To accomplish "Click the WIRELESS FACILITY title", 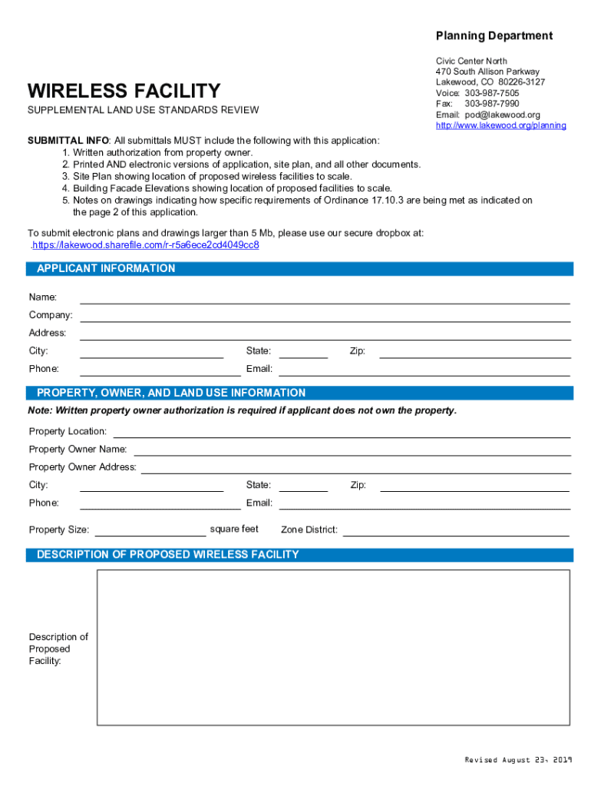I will point(124,91).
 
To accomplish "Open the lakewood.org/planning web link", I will point(500,125).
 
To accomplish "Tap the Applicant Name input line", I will point(325,297).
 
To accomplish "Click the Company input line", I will point(325,315).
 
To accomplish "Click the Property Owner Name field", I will point(352,450).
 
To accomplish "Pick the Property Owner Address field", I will point(355,467).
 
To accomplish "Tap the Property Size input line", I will point(150,530).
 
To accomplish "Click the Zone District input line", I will point(455,530).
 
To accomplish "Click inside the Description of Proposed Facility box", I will point(333,647).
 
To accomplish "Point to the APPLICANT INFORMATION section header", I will point(106,268).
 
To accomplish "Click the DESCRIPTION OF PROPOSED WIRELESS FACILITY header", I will point(168,554).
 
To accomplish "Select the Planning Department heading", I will point(494,35).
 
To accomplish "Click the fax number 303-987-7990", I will point(491,104).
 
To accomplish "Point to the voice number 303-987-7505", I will point(491,93).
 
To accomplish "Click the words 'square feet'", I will point(234,529).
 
